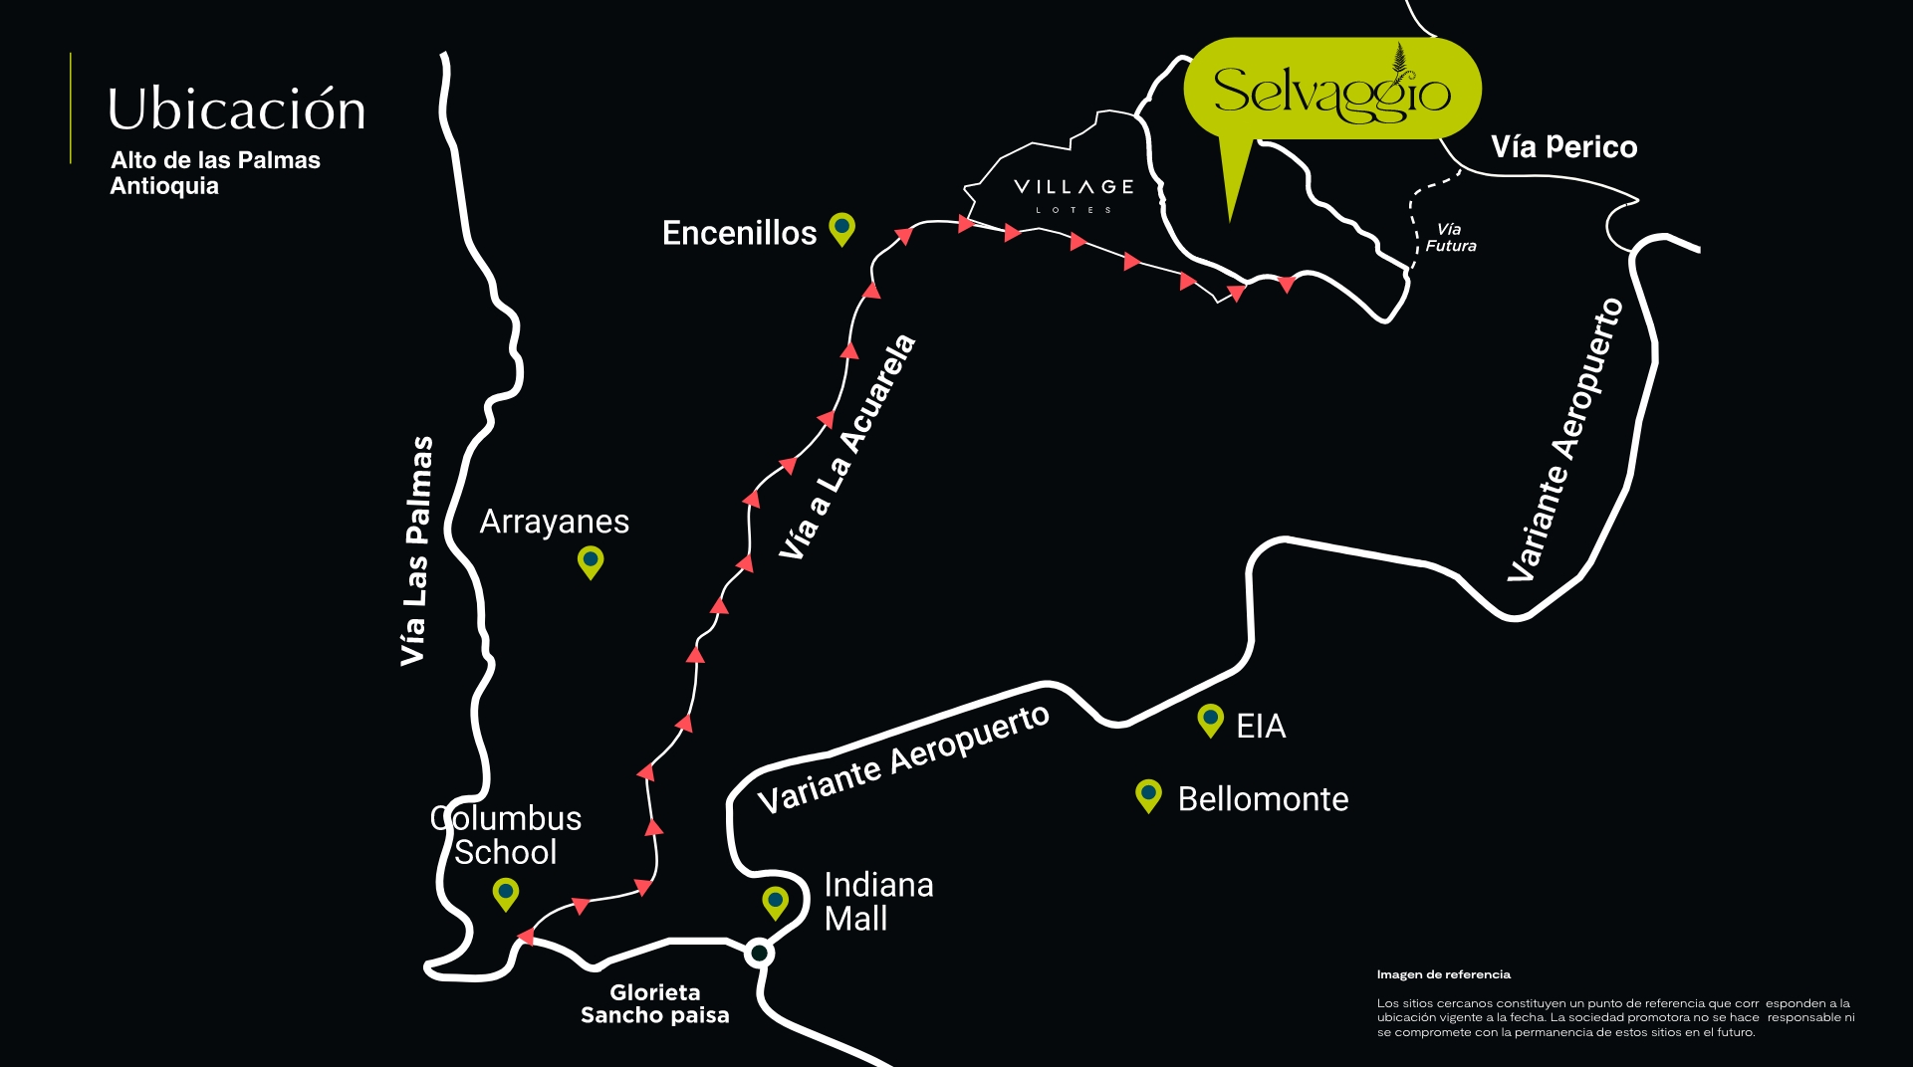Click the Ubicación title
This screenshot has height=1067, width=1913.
[x=236, y=109]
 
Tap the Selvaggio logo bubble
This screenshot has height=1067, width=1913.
[x=1331, y=90]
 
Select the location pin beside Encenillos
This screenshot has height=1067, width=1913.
[x=842, y=229]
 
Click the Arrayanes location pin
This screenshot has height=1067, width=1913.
[x=591, y=561]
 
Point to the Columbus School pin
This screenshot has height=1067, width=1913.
[x=506, y=892]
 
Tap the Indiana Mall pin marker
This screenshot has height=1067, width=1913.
[x=775, y=902]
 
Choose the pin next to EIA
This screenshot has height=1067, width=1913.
[x=1210, y=720]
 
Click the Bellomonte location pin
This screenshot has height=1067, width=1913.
[x=1148, y=795]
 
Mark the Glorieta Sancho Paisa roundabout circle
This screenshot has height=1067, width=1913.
[x=759, y=954]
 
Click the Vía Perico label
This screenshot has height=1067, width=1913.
[x=1563, y=147]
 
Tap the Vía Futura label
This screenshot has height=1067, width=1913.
[x=1450, y=238]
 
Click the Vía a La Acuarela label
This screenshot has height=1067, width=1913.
[x=847, y=447]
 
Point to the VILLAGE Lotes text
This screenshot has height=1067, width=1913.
[x=1073, y=193]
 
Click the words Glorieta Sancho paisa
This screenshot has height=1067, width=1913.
[x=655, y=1003]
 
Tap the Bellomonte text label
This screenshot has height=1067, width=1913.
[x=1263, y=799]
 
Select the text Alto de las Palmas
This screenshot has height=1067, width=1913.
[x=215, y=160]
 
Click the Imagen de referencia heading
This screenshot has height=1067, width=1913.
[x=1443, y=974]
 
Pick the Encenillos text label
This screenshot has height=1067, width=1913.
[x=739, y=233]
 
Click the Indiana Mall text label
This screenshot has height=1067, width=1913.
[x=877, y=902]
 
